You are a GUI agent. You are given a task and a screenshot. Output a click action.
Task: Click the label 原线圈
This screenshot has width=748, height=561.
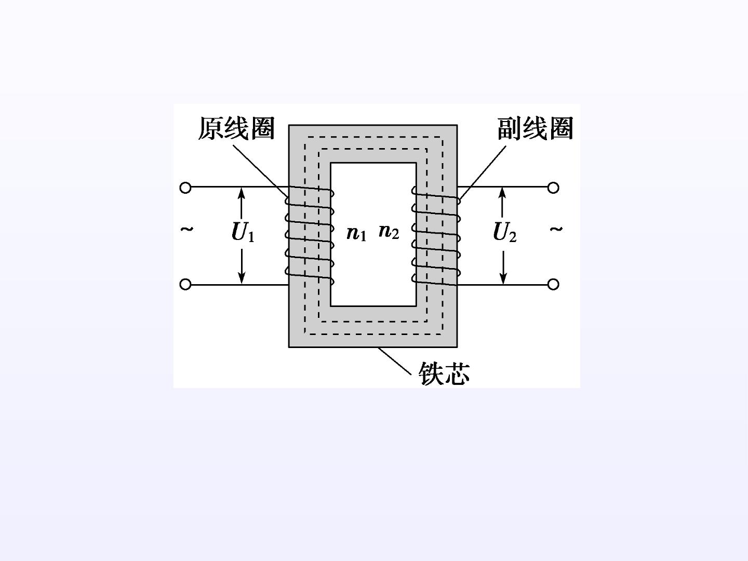236,128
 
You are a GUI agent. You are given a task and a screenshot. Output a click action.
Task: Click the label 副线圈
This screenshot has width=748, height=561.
535,128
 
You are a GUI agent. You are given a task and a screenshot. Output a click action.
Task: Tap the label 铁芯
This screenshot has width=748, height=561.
444,373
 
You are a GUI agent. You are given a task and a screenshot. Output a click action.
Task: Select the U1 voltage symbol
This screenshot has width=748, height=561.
243,232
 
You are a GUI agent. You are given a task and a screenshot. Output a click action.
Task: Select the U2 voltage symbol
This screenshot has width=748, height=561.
505,232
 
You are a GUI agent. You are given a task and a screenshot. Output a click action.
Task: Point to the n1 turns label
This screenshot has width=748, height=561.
356,234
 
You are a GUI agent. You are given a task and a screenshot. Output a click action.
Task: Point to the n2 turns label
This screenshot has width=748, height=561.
389,232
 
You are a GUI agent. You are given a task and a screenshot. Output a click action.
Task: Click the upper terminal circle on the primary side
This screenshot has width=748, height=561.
185,188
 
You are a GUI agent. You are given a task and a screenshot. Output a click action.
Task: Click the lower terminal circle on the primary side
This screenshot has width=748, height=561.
185,284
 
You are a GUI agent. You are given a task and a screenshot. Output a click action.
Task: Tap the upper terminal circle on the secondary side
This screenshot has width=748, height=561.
553,188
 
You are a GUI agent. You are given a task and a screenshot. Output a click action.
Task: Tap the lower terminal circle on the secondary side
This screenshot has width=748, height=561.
553,284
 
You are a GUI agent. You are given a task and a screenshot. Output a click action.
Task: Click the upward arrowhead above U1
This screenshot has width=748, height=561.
241,193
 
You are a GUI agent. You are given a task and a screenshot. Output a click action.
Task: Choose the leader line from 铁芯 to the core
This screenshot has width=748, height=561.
395,361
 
